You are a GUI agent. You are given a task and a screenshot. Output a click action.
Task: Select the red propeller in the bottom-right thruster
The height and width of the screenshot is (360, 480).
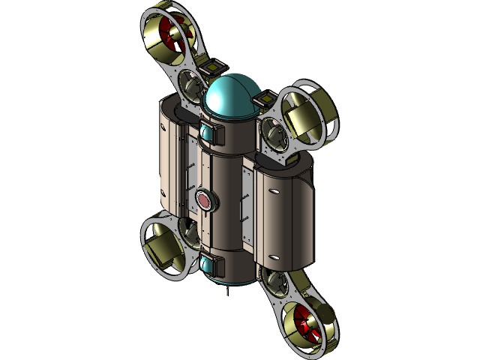(305, 320)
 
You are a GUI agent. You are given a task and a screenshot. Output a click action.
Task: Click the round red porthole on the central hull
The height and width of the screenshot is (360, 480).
(205, 199)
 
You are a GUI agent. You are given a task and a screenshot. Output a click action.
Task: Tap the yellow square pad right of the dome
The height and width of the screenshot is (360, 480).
(268, 98)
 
